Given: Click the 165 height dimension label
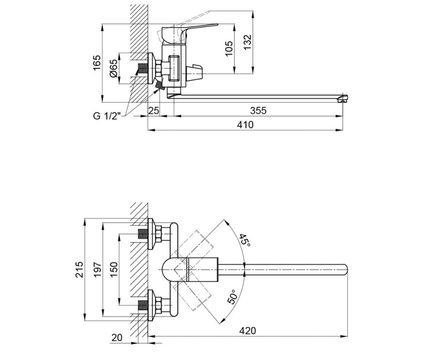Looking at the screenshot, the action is [x=97, y=63].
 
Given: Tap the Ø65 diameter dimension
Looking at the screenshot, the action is [x=114, y=68].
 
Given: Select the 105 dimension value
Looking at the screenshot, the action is [x=229, y=49].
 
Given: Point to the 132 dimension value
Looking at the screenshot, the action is [x=247, y=42].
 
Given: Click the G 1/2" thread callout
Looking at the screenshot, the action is [x=107, y=116].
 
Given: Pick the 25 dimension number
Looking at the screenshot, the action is [x=154, y=111].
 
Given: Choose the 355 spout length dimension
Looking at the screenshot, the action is [x=258, y=111].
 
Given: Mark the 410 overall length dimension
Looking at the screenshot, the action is [x=245, y=125].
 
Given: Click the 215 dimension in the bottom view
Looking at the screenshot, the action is [x=79, y=270].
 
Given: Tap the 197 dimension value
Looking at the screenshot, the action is [x=97, y=270].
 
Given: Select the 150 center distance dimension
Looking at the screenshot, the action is [x=114, y=270].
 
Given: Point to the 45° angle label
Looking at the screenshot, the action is [x=246, y=240].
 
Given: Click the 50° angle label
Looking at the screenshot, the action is [x=233, y=297].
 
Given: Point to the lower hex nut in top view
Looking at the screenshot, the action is [x=159, y=305].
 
